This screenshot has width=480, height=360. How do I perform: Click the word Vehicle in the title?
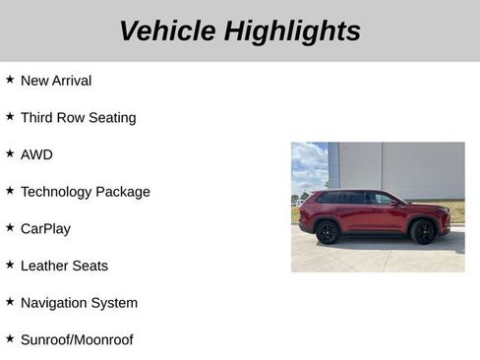[167, 31]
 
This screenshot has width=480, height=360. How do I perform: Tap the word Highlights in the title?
[292, 31]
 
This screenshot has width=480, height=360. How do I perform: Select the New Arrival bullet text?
[56, 81]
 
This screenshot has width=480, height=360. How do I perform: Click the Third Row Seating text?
[78, 118]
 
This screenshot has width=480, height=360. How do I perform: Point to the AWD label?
[36, 154]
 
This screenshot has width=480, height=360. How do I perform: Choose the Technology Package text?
[85, 192]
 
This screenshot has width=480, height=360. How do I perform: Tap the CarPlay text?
[45, 228]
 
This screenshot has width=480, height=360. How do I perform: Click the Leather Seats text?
[64, 266]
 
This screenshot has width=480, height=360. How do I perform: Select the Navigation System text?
[79, 303]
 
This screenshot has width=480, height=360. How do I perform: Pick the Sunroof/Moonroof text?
[77, 339]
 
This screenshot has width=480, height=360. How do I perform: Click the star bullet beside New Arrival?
[10, 80]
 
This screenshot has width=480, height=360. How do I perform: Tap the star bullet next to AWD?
[10, 153]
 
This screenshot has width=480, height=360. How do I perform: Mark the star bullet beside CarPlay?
[10, 227]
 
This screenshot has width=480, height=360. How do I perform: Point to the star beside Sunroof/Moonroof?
[10, 338]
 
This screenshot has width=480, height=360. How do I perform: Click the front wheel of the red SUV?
[423, 232]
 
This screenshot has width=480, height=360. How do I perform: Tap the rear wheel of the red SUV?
[328, 233]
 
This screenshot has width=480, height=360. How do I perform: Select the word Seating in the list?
[109, 118]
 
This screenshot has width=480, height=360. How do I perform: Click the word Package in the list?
[122, 192]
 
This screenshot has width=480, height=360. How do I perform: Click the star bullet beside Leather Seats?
[10, 265]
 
